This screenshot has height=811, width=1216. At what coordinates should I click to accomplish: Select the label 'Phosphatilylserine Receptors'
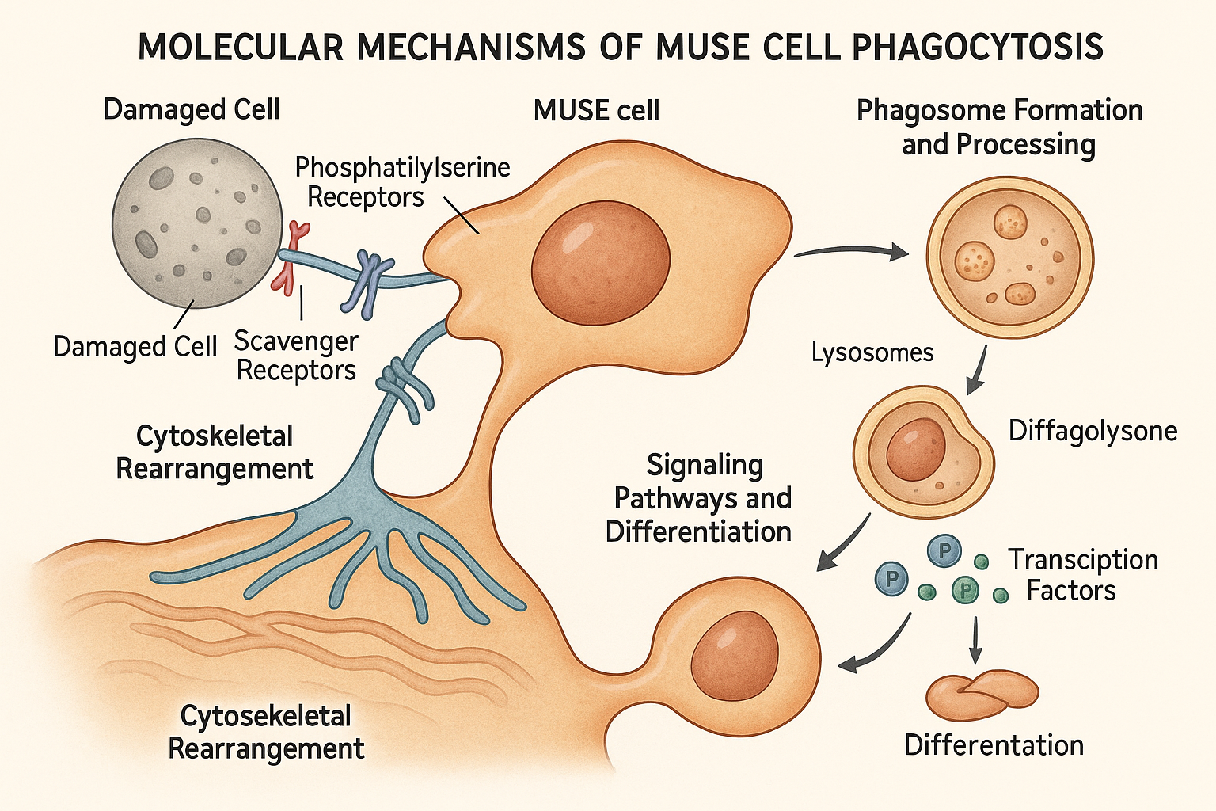point(402,182)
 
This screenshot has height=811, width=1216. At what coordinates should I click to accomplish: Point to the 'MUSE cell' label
point(596,111)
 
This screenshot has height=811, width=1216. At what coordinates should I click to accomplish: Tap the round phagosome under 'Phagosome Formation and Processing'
point(1009,258)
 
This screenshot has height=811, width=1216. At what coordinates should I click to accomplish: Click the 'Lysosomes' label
point(872,352)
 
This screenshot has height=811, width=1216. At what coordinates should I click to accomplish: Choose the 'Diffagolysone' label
point(1092,431)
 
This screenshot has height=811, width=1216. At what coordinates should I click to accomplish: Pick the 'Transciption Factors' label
point(1081,575)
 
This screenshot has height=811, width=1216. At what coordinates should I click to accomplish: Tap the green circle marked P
point(965,589)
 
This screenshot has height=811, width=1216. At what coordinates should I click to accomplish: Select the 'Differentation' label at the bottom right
point(994,745)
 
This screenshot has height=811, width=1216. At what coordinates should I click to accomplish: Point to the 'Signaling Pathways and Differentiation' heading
point(700,498)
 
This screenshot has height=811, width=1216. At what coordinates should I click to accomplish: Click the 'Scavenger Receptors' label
point(296,356)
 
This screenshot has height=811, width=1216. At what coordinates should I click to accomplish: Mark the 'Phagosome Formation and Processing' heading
point(999,127)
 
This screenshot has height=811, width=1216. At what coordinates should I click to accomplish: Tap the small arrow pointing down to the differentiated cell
point(975,640)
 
